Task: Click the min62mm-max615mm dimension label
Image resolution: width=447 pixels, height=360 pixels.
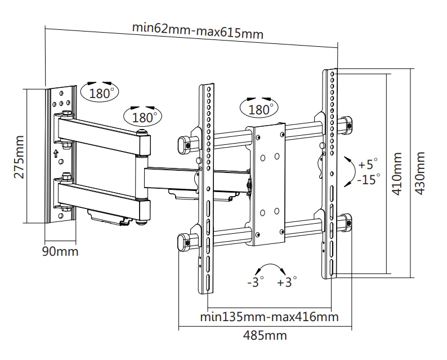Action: pos(198,30)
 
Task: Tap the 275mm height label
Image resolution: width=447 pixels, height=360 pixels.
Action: pos(19,157)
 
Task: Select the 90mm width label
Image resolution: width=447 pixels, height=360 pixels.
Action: pos(60,252)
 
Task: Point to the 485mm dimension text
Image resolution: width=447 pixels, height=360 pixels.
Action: pos(265,335)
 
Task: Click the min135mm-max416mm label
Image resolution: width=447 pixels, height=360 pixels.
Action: pos(270,317)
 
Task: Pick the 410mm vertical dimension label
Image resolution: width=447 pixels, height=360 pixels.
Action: pos(397,174)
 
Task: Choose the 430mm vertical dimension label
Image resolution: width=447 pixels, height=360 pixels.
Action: pos(419,173)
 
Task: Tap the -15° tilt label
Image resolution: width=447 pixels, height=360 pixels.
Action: pos(369,179)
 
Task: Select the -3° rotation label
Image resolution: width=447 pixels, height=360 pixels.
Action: pos(256,282)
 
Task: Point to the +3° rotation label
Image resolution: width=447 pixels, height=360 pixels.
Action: pos(287,282)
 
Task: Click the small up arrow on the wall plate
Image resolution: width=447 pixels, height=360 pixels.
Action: pos(56,153)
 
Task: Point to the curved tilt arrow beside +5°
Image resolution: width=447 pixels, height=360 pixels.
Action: pos(354,171)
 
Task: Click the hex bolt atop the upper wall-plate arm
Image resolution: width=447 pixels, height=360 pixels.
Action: pos(66,113)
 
